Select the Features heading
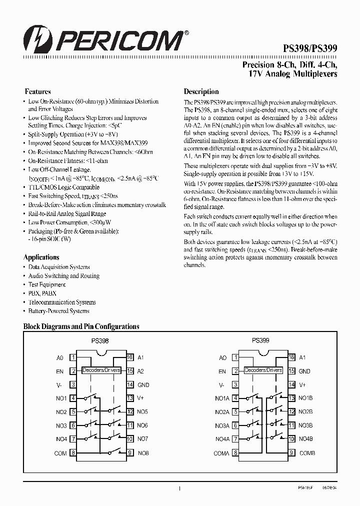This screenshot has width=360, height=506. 38,91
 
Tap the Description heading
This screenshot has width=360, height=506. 201,91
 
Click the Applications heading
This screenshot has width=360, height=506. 41,257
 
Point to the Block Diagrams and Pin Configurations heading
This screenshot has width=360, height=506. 81,326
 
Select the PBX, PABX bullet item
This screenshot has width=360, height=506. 42,293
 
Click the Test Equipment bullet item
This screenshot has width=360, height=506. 47,284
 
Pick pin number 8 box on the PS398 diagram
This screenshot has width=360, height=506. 73,453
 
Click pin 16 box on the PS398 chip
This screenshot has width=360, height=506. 129,357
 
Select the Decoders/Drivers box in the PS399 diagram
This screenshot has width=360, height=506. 263,370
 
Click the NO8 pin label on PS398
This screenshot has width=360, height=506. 142,453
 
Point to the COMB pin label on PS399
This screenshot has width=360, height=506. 306,453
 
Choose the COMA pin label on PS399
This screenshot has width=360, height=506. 221,453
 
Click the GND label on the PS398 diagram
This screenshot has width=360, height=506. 143,385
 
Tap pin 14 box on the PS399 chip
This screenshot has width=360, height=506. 291,385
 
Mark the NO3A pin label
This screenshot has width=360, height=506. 222,425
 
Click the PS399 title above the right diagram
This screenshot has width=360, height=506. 260,340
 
